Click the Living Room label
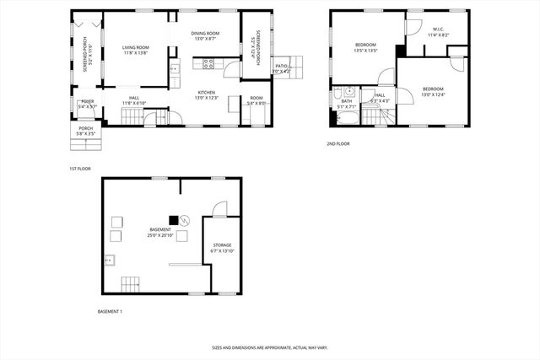[135, 51]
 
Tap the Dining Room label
[206, 36]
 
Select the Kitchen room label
[208, 95]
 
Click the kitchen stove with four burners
[209, 62]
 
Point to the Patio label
[282, 68]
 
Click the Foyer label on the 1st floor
[88, 104]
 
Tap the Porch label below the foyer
[86, 131]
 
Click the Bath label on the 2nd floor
[347, 105]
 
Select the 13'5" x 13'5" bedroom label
[365, 47]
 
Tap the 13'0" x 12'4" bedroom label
[433, 91]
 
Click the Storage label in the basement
[222, 248]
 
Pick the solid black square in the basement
[173, 219]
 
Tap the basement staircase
[130, 282]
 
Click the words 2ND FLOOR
[338, 143]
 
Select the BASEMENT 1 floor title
[110, 312]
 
